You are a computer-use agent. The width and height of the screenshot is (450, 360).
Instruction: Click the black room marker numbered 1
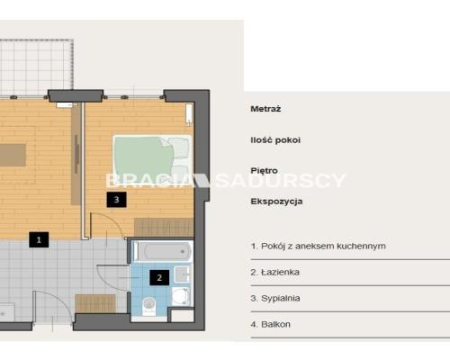click(39, 239)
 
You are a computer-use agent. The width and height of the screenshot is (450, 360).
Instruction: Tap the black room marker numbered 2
click(159, 277)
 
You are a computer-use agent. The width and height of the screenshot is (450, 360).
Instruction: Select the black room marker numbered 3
click(116, 199)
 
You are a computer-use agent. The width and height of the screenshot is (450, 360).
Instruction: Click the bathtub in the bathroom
click(164, 251)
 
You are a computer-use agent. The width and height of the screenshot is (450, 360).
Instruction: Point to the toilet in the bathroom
click(149, 305)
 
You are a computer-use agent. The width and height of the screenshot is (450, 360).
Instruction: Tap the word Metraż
click(265, 109)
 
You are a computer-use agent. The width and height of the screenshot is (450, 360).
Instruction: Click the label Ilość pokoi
click(275, 139)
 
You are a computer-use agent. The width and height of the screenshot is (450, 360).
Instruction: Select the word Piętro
click(264, 171)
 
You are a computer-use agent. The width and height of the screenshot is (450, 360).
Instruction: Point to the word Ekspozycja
click(276, 202)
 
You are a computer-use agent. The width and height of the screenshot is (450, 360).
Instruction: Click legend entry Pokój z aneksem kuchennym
click(319, 246)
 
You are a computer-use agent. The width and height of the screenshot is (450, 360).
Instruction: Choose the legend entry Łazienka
click(275, 272)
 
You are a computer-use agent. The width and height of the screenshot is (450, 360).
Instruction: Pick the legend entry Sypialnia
click(275, 298)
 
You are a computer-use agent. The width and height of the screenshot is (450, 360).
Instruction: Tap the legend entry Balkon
click(271, 324)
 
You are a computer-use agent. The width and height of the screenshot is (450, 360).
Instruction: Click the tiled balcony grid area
click(36, 67)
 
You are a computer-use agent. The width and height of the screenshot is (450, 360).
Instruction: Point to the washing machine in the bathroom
click(180, 296)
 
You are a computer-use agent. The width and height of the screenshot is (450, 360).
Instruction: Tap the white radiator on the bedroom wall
click(189, 113)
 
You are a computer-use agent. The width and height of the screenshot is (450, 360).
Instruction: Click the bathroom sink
click(182, 274)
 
